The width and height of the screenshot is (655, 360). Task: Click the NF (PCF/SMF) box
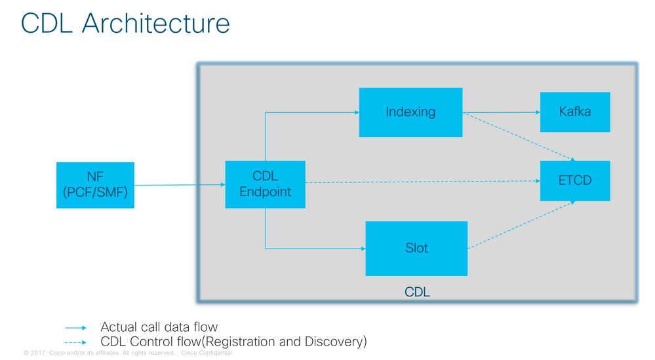click(95, 185)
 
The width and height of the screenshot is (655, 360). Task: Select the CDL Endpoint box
click(266, 184)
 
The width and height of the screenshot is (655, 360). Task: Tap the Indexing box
click(410, 112)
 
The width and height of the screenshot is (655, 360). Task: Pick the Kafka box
click(575, 112)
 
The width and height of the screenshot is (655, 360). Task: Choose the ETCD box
click(575, 180)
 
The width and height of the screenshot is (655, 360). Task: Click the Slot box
click(416, 248)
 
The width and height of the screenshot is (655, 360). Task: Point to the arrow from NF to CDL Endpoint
click(180, 185)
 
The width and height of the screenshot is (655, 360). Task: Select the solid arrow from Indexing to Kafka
click(502, 112)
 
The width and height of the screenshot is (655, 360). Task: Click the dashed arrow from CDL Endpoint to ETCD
click(423, 182)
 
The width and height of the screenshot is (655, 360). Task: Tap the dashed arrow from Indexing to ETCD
click(519, 136)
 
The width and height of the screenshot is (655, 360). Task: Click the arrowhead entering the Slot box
click(363, 249)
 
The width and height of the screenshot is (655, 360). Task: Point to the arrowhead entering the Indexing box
click(357, 112)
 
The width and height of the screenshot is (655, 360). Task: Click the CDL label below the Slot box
click(417, 292)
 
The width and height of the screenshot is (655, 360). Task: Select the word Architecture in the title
click(156, 23)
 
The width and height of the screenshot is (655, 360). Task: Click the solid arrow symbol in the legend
click(75, 328)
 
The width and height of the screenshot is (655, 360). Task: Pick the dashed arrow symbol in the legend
click(75, 342)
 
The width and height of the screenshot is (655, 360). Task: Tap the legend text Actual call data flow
click(159, 327)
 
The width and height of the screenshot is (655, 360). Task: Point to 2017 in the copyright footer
click(37, 353)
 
